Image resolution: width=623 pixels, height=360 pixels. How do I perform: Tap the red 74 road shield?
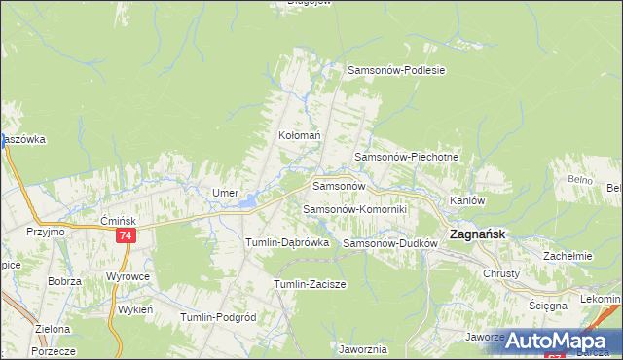click(x=125, y=236)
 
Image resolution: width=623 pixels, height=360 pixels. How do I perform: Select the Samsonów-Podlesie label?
click(x=396, y=70)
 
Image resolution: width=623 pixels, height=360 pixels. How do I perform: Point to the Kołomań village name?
click(x=299, y=136)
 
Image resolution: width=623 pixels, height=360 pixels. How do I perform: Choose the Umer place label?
click(x=226, y=193)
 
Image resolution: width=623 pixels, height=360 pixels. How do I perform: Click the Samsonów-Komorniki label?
click(x=354, y=209)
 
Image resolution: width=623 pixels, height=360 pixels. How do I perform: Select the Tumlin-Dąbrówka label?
click(x=287, y=242)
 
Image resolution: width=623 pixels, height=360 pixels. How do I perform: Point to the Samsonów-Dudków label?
click(x=386, y=243)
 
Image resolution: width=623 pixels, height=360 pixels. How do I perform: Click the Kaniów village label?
click(x=467, y=200)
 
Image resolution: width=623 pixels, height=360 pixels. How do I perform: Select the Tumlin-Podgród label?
click(x=218, y=317)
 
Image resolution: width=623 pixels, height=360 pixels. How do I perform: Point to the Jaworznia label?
click(x=364, y=347)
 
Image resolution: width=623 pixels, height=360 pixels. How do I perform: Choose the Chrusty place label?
click(x=502, y=273)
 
